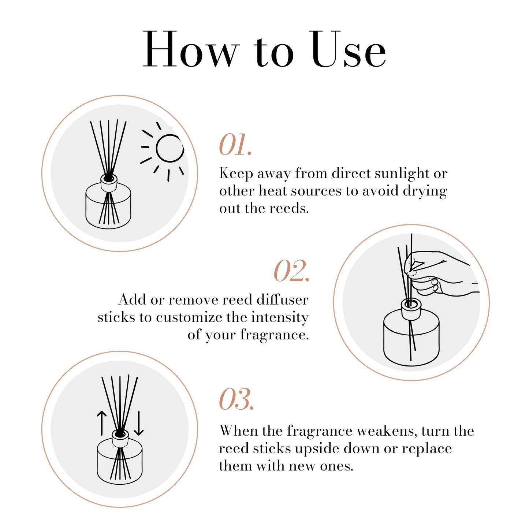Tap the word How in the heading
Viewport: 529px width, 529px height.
(x=190, y=50)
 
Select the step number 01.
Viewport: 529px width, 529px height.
(x=235, y=145)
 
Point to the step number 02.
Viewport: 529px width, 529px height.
(x=291, y=271)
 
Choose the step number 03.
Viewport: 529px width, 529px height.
(x=236, y=399)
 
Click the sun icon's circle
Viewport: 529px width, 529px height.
(x=169, y=148)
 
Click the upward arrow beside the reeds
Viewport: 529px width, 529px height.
(x=101, y=422)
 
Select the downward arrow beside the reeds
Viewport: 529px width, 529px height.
(x=139, y=423)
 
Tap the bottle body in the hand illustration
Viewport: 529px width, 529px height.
(x=411, y=339)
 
